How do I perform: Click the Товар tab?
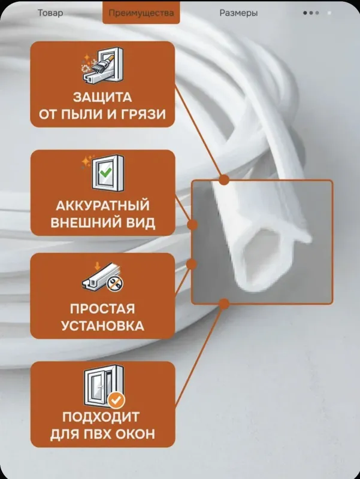click(x=50, y=13)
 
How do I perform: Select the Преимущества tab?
click(x=141, y=13)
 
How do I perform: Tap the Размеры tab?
click(x=238, y=13)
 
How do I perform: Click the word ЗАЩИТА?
click(x=102, y=98)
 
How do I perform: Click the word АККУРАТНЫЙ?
click(x=102, y=205)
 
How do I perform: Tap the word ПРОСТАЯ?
click(x=102, y=308)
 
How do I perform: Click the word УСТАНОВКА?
click(x=102, y=326)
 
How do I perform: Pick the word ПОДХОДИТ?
click(x=101, y=417)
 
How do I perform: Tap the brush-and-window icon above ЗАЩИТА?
click(x=102, y=65)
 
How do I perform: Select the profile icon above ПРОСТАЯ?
click(x=102, y=276)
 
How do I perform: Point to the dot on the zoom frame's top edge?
click(x=224, y=180)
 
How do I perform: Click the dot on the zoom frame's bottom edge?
click(x=224, y=304)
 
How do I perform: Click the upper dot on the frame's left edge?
click(x=192, y=225)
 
